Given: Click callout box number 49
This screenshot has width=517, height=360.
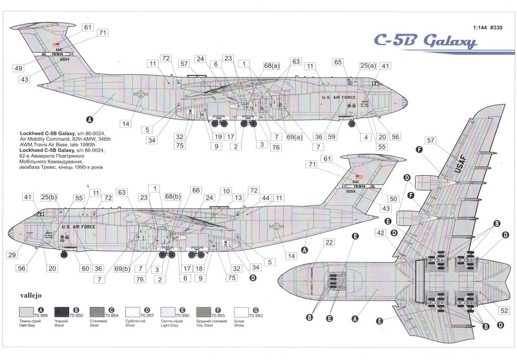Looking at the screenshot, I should (18, 68).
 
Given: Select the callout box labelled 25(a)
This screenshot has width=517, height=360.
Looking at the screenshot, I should (368, 66).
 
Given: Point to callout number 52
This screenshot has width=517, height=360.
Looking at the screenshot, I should (505, 310).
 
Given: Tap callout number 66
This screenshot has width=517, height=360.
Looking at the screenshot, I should (195, 190).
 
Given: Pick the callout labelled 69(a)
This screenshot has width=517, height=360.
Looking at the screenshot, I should (295, 136).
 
